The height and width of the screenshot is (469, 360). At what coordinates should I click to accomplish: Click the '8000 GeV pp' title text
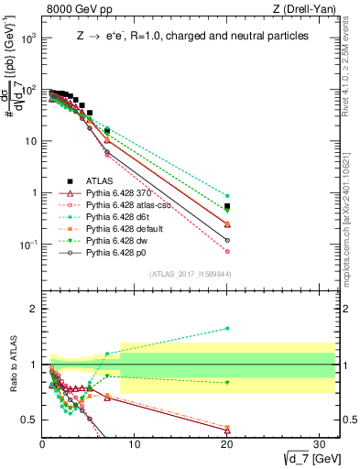72,10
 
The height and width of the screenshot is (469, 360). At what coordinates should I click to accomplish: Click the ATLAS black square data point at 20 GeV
227,206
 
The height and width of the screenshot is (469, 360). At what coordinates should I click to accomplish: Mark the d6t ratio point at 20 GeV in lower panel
227,328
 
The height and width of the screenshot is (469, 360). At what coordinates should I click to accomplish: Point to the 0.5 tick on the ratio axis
32,420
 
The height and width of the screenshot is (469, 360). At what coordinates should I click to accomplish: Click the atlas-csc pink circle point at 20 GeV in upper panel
227,251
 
